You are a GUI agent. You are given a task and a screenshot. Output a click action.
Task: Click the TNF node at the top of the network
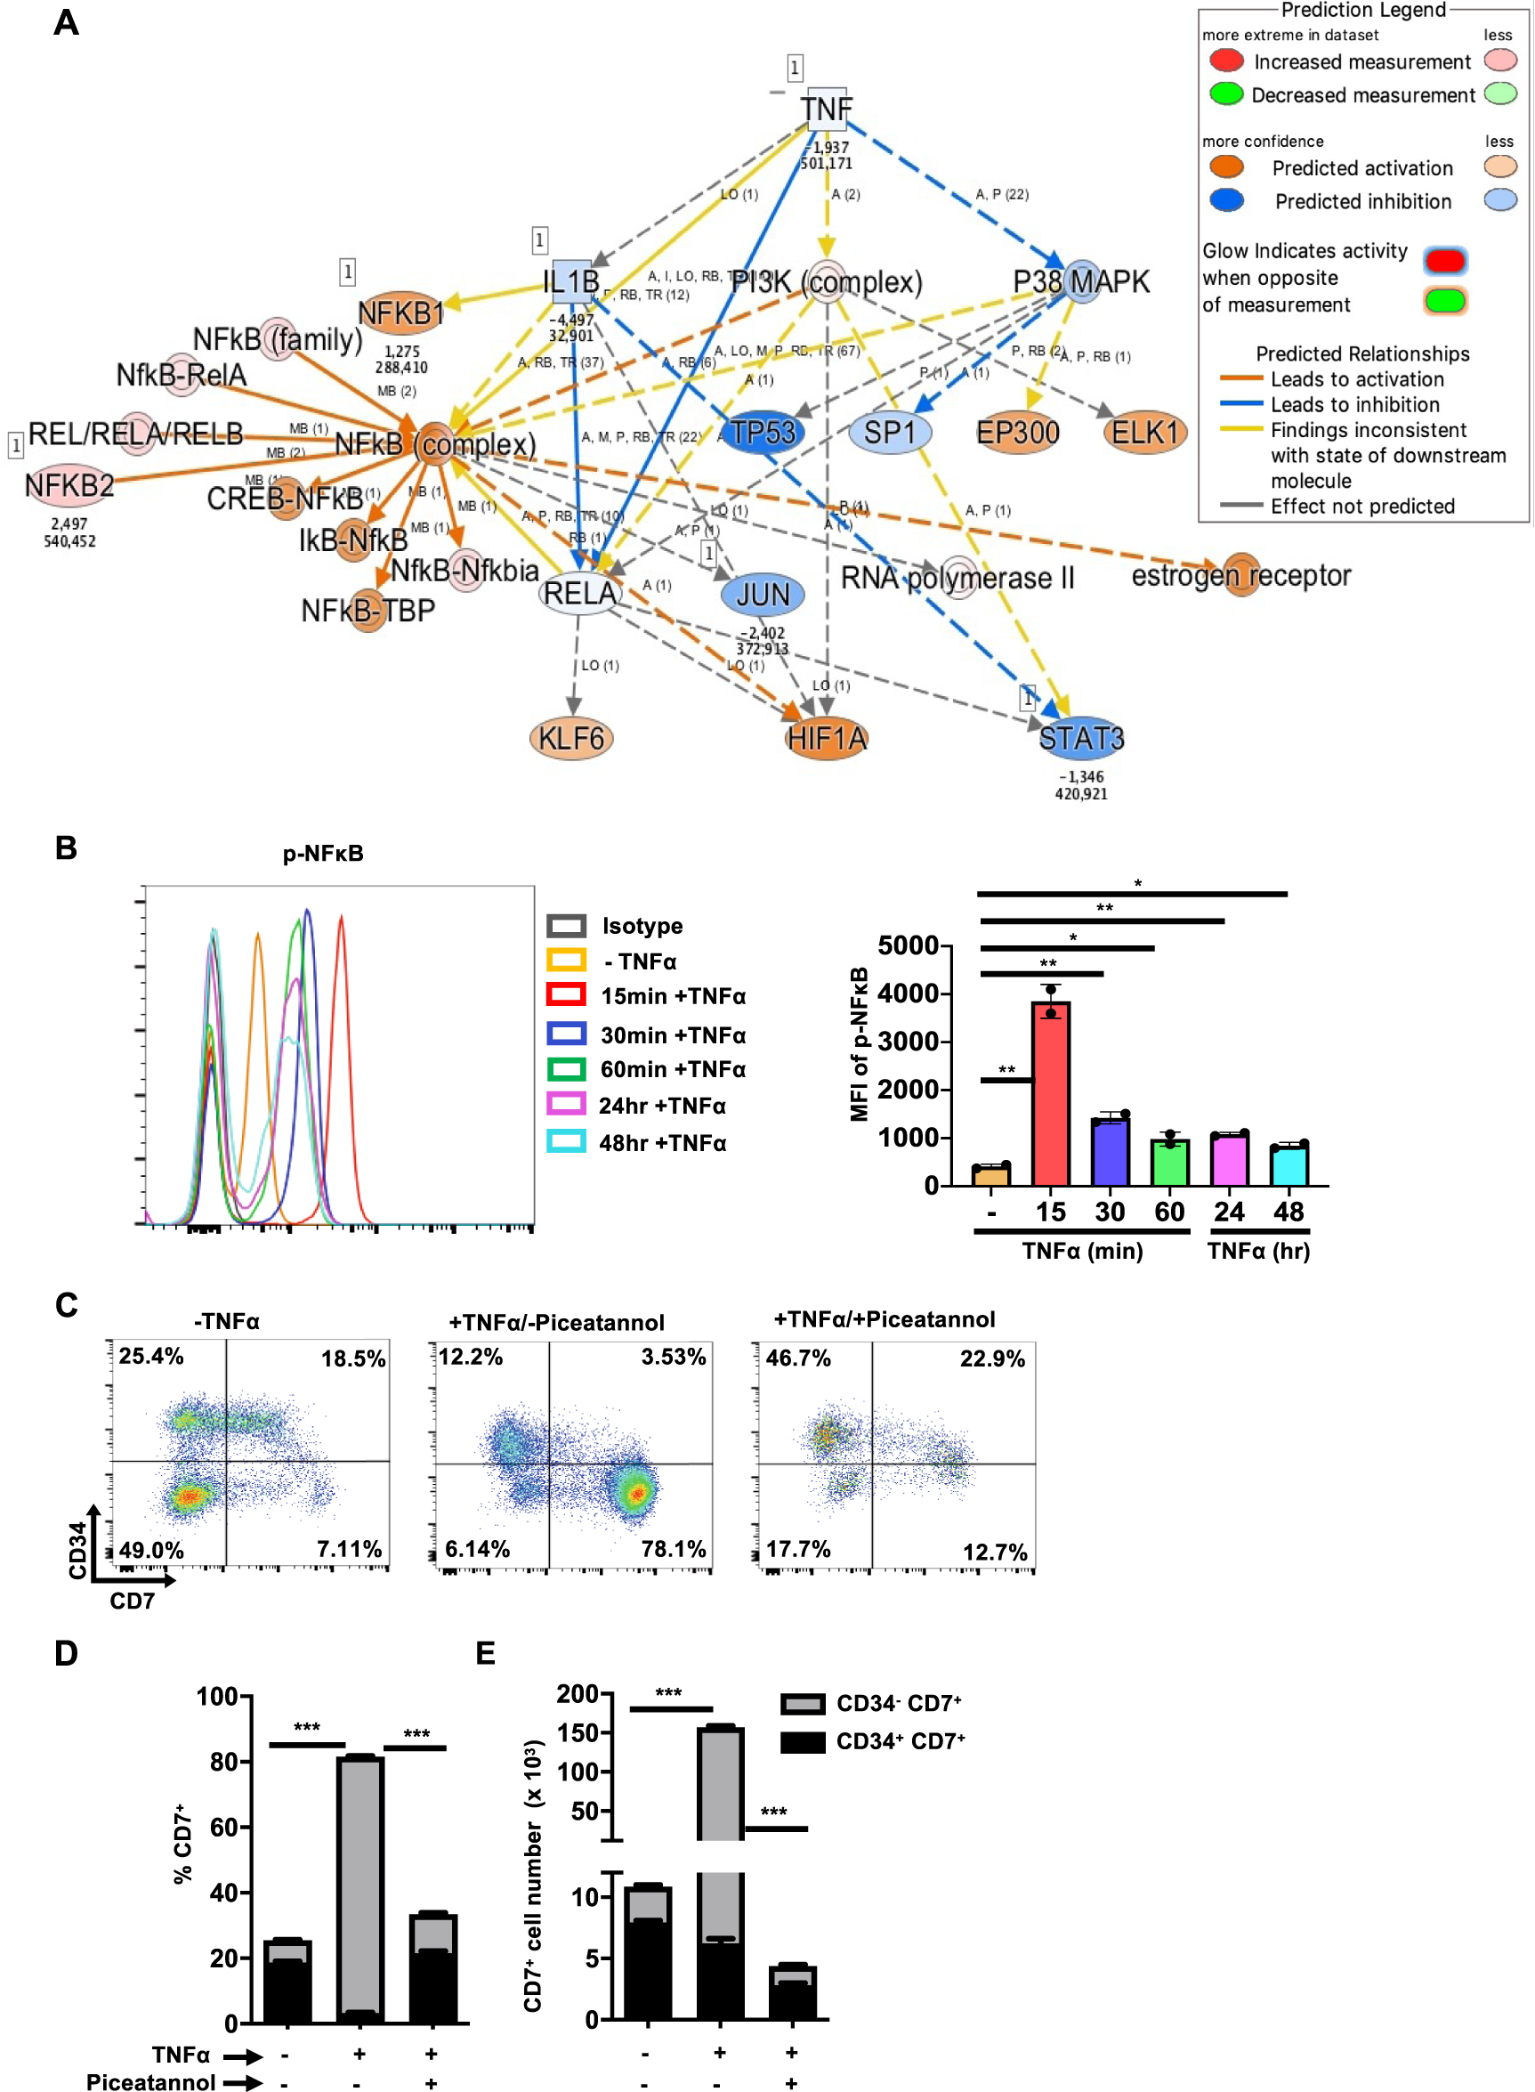click(x=825, y=109)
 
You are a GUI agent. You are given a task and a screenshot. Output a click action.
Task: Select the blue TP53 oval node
click(x=762, y=433)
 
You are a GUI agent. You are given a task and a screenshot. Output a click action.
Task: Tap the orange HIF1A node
click(x=826, y=739)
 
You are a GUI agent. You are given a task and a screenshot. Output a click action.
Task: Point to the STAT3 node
click(x=1080, y=739)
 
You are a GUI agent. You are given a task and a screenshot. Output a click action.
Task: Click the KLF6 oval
click(x=570, y=739)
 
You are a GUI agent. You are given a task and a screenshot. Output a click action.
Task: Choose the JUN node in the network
click(x=762, y=595)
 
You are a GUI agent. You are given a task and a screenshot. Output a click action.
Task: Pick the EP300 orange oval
click(x=1017, y=433)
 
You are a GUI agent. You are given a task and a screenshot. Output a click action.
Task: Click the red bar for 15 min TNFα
click(x=1051, y=1093)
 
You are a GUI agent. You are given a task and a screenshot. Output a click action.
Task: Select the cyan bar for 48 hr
click(x=1289, y=1165)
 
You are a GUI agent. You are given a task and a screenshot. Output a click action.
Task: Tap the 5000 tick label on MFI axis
click(x=907, y=946)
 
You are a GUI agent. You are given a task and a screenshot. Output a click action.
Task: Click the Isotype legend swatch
click(x=566, y=926)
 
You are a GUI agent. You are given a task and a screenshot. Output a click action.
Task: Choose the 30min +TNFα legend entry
click(x=673, y=1035)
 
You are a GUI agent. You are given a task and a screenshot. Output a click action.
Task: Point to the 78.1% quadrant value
click(x=673, y=1549)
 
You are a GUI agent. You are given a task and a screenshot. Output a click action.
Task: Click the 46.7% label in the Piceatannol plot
click(x=798, y=1358)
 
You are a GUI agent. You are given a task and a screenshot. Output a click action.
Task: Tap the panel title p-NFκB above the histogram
click(x=322, y=853)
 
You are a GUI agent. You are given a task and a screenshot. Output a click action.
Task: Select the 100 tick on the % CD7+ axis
click(x=216, y=1696)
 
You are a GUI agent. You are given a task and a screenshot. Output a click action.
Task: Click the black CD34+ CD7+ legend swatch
click(x=802, y=1741)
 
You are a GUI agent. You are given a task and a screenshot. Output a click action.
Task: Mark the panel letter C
click(x=66, y=1305)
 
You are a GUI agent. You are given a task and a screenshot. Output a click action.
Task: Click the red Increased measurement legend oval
click(x=1226, y=61)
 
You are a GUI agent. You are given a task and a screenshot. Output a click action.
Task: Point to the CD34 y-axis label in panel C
click(x=77, y=1550)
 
